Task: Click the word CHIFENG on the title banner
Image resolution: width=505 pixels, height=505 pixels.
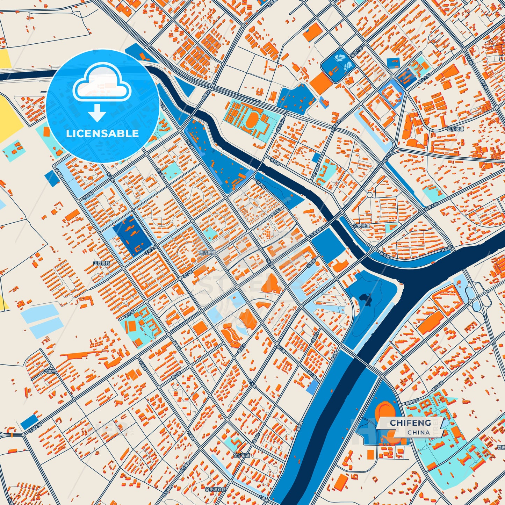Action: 410,423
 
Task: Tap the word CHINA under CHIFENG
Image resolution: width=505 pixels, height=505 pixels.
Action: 419,432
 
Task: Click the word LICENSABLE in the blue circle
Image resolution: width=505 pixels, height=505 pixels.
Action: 102,133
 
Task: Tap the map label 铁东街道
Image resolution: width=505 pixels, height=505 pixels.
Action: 455,129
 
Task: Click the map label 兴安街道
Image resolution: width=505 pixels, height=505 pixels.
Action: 361,226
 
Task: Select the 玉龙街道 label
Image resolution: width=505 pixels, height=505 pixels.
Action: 208,252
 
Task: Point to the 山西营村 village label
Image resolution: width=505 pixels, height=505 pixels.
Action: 101,263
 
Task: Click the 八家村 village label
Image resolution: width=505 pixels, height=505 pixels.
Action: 50,371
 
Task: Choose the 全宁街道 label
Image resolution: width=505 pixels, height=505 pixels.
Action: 242,455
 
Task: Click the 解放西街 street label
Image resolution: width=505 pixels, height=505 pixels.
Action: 414,402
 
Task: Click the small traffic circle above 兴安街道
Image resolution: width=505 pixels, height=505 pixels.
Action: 369,194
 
